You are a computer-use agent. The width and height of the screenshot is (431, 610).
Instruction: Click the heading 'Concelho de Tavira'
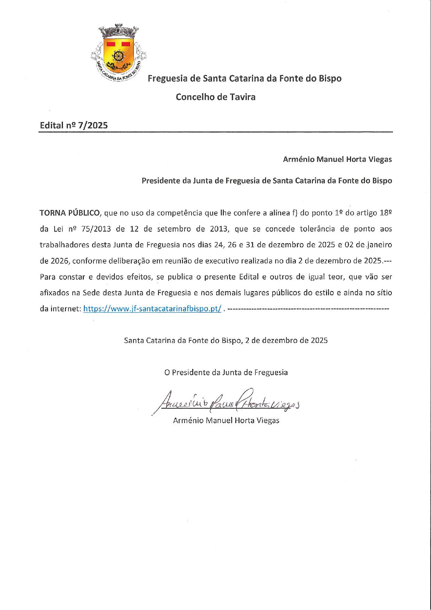click(215, 97)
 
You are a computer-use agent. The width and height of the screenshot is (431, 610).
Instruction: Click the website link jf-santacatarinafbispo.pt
click(152, 308)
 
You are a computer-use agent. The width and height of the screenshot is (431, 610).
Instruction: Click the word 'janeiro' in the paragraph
click(379, 245)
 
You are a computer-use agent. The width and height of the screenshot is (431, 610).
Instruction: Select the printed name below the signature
click(226, 420)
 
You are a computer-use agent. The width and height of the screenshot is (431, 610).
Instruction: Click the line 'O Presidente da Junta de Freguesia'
click(226, 372)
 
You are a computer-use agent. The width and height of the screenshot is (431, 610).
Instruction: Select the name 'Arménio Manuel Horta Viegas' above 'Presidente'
click(337, 160)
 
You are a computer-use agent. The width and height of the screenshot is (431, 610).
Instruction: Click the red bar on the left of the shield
click(112, 44)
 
